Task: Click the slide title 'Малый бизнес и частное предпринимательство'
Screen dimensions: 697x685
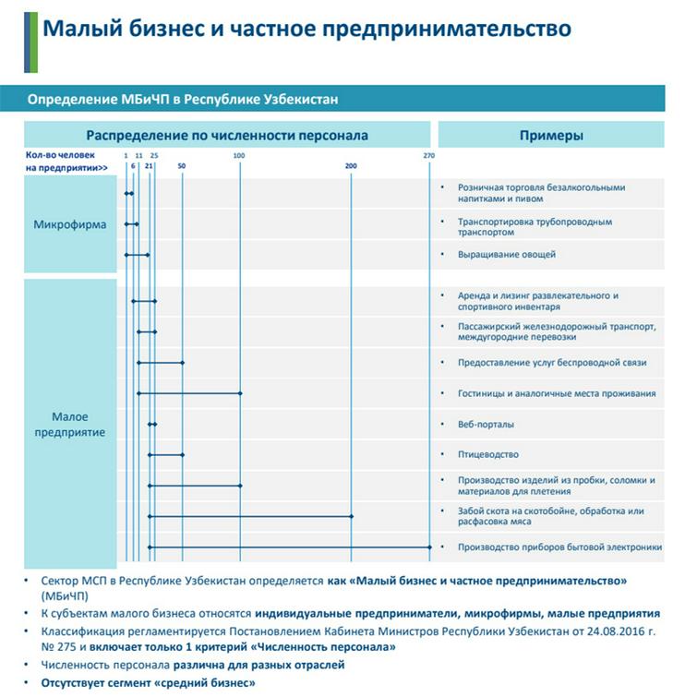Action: point(306,29)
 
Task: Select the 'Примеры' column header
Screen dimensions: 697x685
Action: point(551,136)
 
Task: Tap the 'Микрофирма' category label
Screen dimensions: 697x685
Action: point(69,224)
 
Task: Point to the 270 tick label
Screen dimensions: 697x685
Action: point(429,154)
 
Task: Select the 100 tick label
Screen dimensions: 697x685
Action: point(240,154)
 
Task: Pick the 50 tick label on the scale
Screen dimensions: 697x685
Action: point(182,165)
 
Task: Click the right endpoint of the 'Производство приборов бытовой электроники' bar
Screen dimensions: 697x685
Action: point(430,547)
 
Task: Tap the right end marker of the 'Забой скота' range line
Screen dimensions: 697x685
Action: point(352,516)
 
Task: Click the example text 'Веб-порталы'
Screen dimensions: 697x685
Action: point(486,425)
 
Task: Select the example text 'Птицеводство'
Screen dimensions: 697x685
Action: point(488,455)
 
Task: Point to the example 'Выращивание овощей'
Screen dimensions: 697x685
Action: point(507,254)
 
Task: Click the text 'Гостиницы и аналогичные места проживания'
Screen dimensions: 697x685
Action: point(557,394)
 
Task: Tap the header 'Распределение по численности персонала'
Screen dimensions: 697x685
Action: point(227,136)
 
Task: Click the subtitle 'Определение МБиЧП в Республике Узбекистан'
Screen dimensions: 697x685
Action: point(184,99)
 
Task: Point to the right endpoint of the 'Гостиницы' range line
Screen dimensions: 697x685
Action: point(241,393)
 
